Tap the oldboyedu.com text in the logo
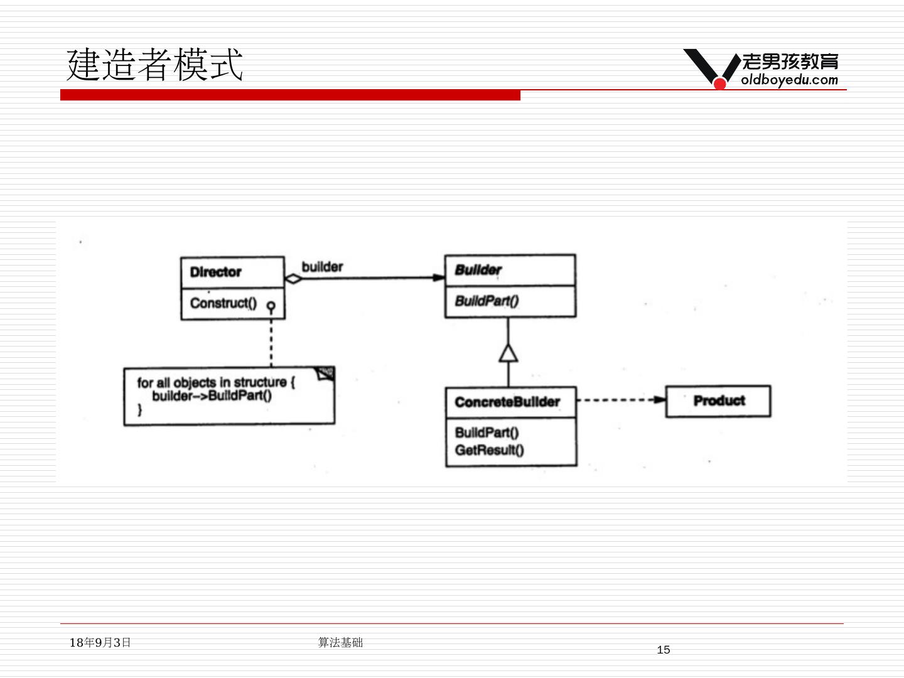click(x=789, y=80)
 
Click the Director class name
click(x=215, y=272)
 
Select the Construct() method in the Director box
click(x=223, y=303)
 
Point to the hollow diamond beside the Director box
click(x=293, y=279)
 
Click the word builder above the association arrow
click(x=322, y=267)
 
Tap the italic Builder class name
click(x=478, y=270)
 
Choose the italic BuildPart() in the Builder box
click(x=487, y=301)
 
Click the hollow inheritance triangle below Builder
click(x=508, y=353)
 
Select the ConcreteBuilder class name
click(x=507, y=402)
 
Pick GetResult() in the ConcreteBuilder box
click(x=489, y=449)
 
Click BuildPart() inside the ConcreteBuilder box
click(x=487, y=433)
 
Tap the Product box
click(x=718, y=401)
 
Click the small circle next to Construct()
click(x=271, y=306)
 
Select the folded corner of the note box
click(x=326, y=374)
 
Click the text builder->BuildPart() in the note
click(x=212, y=395)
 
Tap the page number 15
click(x=663, y=650)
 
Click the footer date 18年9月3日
click(x=100, y=642)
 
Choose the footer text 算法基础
click(x=340, y=642)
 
